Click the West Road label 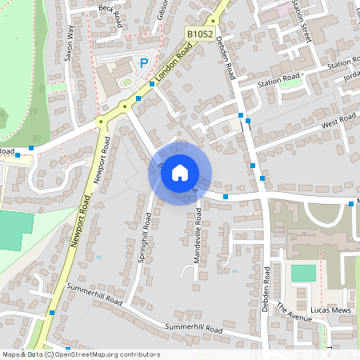[338, 121]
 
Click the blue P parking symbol [144, 63]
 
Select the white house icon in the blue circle [180, 172]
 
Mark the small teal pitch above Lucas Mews [303, 273]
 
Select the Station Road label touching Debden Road [278, 79]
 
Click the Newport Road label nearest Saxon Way [99, 162]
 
